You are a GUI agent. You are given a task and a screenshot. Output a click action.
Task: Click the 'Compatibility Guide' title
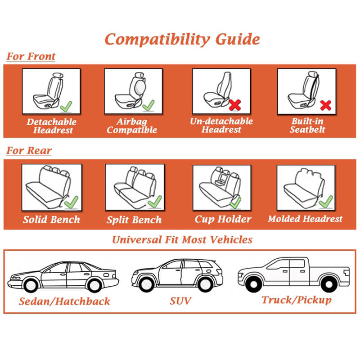[x=182, y=39]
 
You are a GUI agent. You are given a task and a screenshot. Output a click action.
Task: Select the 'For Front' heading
[x=31, y=57]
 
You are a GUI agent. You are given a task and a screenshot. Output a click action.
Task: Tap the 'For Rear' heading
[x=29, y=151]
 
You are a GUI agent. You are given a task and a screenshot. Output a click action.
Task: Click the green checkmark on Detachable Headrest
[x=66, y=106]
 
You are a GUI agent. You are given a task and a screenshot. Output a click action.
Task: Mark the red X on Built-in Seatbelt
[x=325, y=106]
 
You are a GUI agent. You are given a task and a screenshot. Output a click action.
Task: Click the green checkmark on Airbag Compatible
[x=148, y=106]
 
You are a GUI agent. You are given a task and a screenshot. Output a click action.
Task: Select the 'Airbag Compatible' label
[x=131, y=126]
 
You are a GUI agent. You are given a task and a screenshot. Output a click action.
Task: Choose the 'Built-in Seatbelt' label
[x=307, y=126]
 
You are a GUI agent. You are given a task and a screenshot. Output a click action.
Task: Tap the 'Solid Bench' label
[x=51, y=220]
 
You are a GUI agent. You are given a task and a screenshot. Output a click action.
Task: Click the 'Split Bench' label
[x=134, y=220]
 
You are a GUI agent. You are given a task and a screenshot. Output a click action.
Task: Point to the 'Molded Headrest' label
[x=305, y=220]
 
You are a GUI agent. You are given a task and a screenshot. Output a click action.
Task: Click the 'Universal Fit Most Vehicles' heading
[x=182, y=239]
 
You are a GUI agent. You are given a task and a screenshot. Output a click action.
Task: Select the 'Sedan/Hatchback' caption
[x=64, y=301]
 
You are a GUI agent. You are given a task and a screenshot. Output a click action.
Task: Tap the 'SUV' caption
[x=180, y=301]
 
